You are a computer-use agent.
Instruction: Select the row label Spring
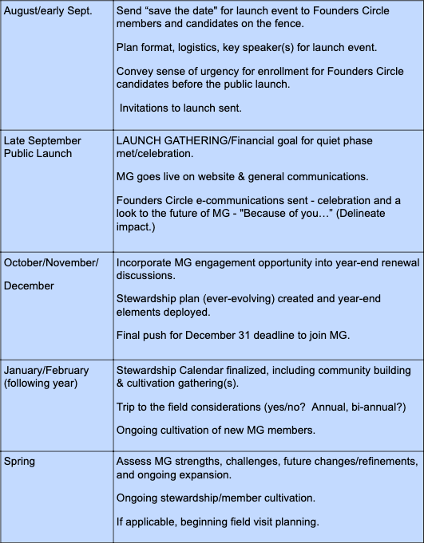click(22, 462)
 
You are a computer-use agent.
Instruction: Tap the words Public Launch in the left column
click(38, 154)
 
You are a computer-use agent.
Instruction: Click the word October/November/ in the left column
click(52, 262)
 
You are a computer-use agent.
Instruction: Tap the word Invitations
click(149, 107)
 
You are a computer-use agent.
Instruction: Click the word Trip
click(129, 407)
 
